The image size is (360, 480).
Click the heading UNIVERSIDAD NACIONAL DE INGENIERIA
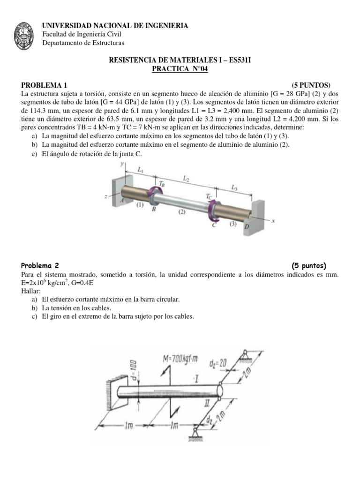115,26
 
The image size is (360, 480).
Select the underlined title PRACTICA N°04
180,69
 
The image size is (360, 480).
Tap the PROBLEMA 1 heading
45,85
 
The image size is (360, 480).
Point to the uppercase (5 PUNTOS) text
311,85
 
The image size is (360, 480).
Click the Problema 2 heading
40,265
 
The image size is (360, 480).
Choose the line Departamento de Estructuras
83,43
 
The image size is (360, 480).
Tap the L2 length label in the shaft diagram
186,179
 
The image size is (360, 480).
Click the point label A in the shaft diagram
122,200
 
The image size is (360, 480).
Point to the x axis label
272,220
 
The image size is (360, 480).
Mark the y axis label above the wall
121,164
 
